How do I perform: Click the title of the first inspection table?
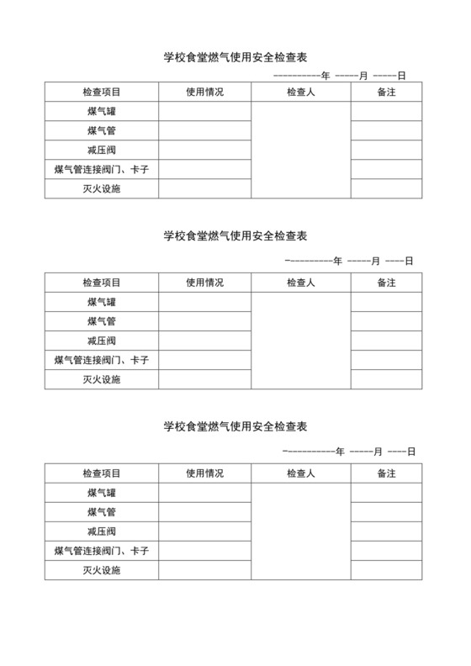coord(235,58)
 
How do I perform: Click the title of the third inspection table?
coord(235,426)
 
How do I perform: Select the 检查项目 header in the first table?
coord(102,92)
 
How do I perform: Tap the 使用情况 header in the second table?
coord(205,283)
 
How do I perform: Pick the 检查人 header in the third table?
coord(300,473)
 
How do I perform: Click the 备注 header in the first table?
coord(386,92)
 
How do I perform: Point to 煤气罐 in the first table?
coord(102,111)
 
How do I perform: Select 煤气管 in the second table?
coord(102,321)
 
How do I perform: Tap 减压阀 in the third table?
coord(102,531)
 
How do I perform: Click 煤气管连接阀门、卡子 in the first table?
coord(102,169)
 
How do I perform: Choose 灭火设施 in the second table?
coord(102,379)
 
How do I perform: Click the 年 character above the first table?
coord(325,76)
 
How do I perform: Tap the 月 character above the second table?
coord(376,261)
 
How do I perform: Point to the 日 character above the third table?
coord(411,452)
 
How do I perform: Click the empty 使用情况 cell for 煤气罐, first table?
coord(205,111)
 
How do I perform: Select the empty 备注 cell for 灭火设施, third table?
coord(386,570)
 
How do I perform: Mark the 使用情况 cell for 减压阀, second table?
coord(205,341)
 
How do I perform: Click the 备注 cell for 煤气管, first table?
coord(386,130)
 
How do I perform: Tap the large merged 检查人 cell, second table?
coord(300,341)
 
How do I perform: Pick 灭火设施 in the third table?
coord(102,570)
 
